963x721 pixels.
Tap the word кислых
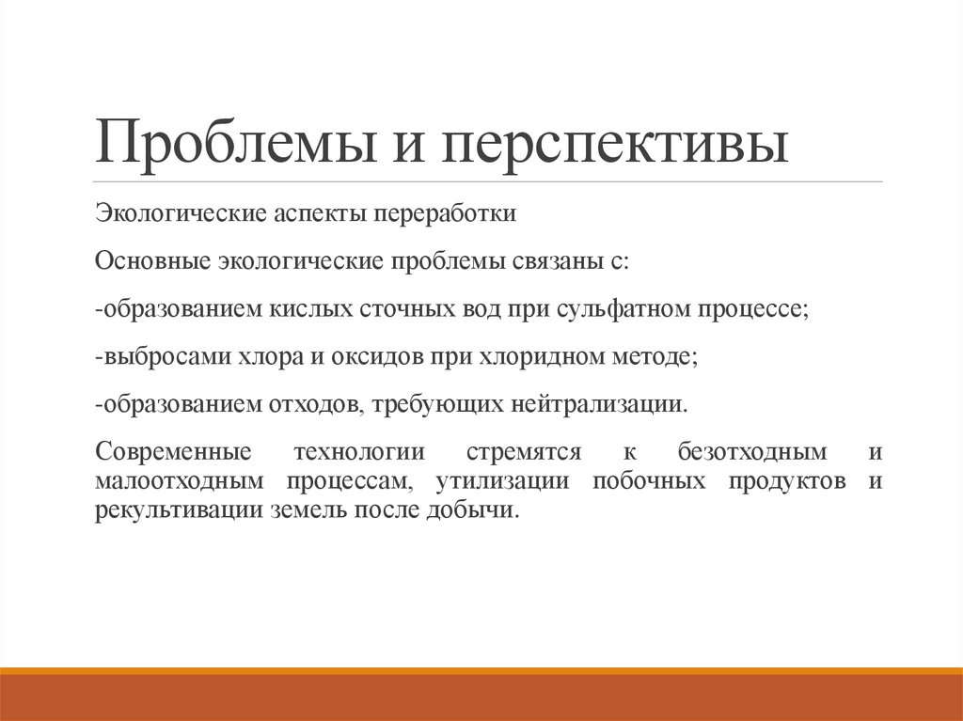311,309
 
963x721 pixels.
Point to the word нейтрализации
600,406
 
